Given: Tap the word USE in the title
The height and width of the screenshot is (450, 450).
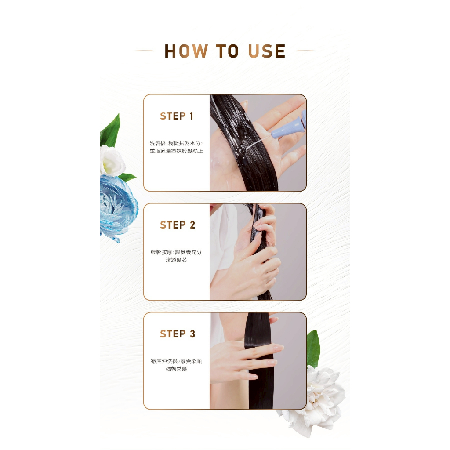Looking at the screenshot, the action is (x=267, y=51).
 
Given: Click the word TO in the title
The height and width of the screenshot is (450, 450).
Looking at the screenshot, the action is (x=227, y=51).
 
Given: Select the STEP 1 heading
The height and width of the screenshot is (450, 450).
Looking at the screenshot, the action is (x=177, y=116).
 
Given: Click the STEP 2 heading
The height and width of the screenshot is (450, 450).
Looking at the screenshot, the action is (x=178, y=225).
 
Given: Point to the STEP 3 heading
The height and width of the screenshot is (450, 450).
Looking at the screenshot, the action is (x=178, y=334).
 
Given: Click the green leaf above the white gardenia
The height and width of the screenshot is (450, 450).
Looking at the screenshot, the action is (x=313, y=348).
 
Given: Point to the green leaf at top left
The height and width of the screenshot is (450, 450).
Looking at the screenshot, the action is (x=110, y=131).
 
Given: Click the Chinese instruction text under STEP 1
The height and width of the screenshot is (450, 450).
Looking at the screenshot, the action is (x=176, y=147).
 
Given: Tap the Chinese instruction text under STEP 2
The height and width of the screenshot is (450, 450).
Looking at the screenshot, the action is (x=176, y=256).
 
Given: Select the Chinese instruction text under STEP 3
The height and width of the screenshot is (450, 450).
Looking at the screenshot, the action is (x=176, y=365).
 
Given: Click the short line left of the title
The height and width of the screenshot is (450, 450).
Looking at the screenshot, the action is (x=144, y=51).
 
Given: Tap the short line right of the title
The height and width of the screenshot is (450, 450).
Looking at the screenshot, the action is (x=306, y=51).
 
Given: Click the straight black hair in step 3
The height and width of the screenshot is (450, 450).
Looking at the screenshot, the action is (x=260, y=362).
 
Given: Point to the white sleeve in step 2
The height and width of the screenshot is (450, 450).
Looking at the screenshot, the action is (x=220, y=241).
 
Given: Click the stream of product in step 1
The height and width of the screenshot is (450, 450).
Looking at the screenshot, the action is (x=258, y=143).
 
